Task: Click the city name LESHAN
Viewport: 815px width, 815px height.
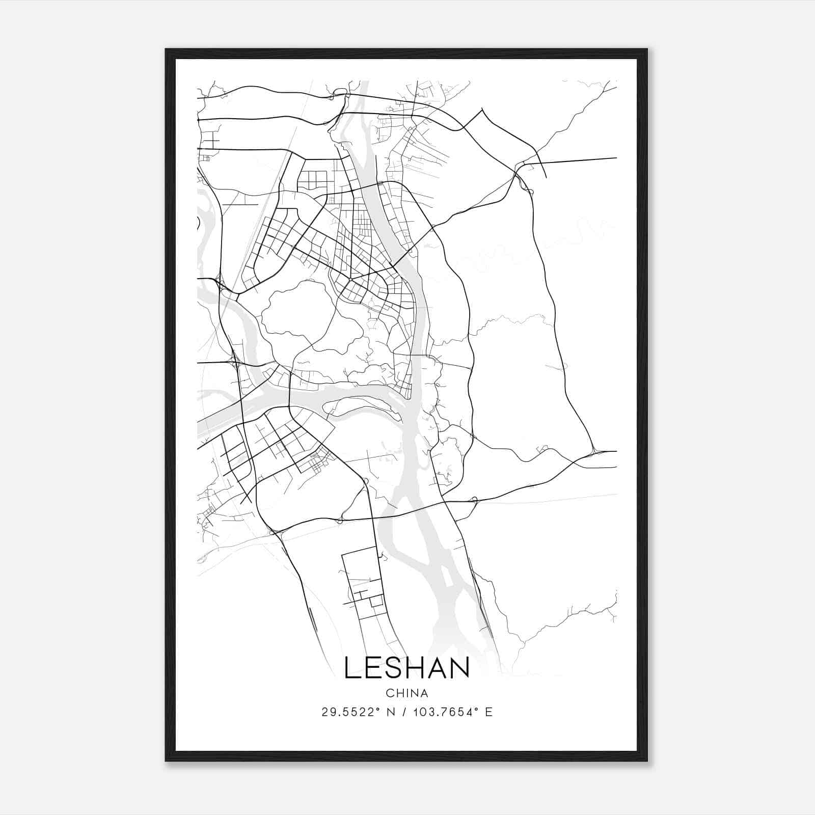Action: pos(406,668)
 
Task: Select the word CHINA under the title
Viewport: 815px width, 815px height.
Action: pos(407,693)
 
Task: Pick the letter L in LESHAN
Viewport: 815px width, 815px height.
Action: pos(352,668)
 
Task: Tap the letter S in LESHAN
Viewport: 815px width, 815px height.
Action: pos(395,668)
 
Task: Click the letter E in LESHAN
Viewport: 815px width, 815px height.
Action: pos(374,668)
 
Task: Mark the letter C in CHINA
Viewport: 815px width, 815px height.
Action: pos(389,693)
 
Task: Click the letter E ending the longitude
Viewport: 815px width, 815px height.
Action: pos(489,712)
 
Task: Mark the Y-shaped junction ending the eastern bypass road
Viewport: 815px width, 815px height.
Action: pos(594,451)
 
